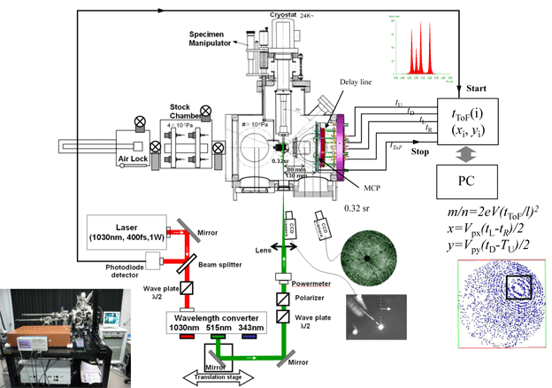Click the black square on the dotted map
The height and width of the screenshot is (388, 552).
pos(517,288)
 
